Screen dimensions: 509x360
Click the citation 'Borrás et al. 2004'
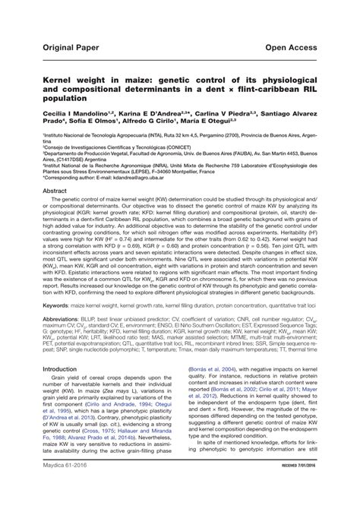[x=213, y=368]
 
